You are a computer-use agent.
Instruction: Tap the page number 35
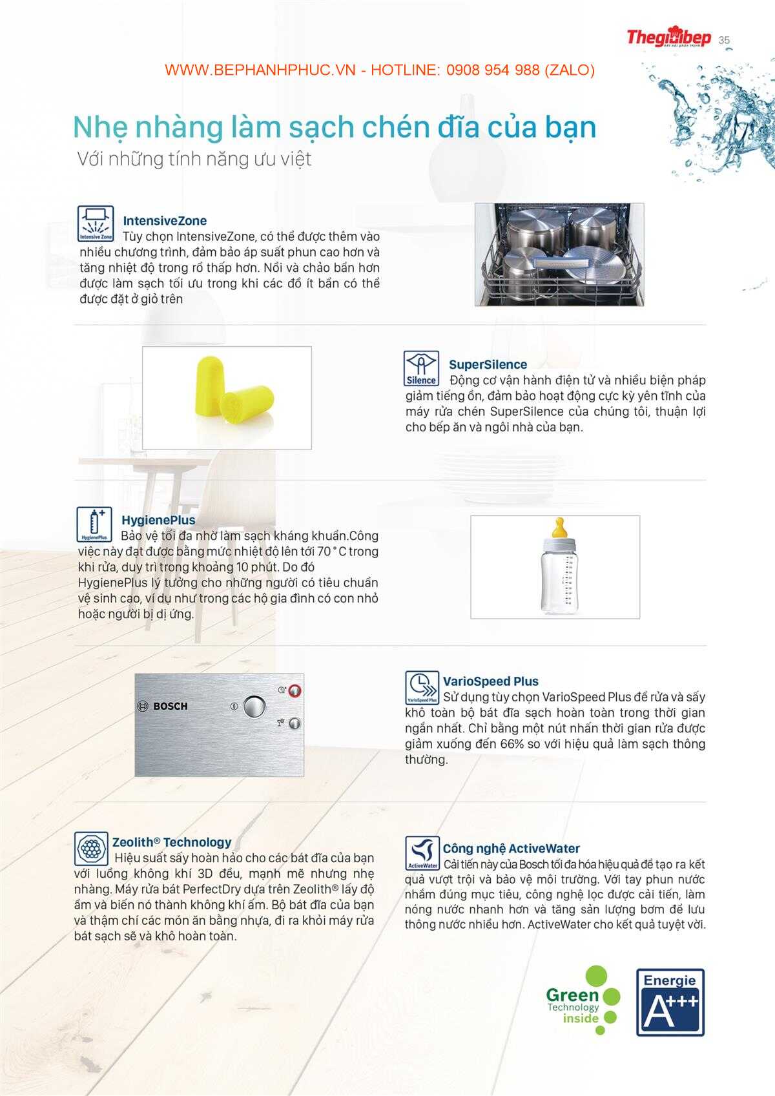724,40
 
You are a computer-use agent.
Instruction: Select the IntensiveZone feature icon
96,223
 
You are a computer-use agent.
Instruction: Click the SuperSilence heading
488,364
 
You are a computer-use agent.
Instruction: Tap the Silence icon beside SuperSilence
421,368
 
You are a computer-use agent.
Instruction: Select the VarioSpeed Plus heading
490,681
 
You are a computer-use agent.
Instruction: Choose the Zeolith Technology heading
171,842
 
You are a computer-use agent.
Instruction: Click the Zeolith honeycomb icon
91,848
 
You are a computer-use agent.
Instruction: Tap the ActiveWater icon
422,853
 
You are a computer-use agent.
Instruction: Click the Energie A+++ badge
670,1002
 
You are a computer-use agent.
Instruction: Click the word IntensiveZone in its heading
165,221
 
